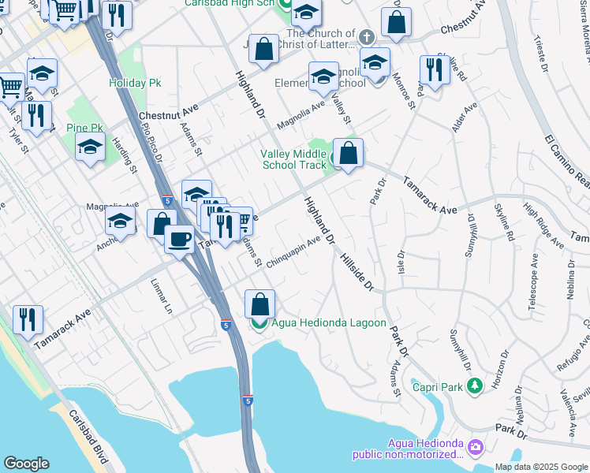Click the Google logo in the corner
(x=25, y=464)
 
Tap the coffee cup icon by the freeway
(x=180, y=238)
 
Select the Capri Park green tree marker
(x=474, y=385)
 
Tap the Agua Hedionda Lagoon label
(x=329, y=323)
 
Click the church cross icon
(x=366, y=37)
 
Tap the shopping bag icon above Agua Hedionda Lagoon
(x=260, y=304)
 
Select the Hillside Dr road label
(x=357, y=272)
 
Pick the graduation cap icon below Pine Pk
(x=90, y=147)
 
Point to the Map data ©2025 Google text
(x=541, y=467)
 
